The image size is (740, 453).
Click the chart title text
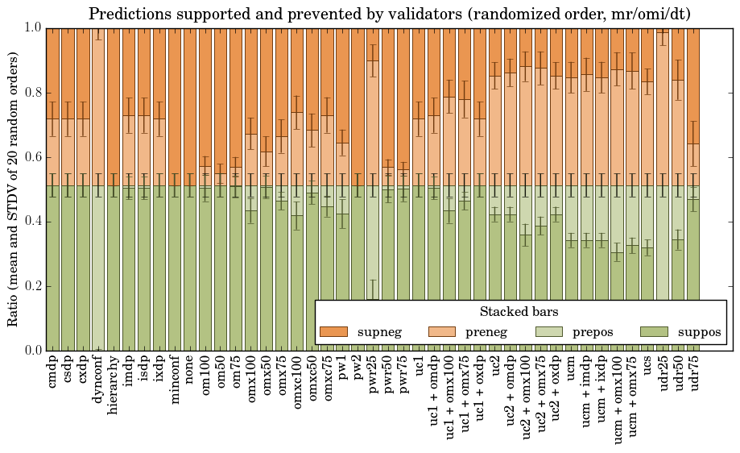click(389, 14)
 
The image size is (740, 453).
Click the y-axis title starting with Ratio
click(14, 189)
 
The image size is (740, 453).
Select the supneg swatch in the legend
click(333, 331)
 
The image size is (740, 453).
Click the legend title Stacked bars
click(519, 312)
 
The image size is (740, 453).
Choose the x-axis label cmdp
click(52, 376)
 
